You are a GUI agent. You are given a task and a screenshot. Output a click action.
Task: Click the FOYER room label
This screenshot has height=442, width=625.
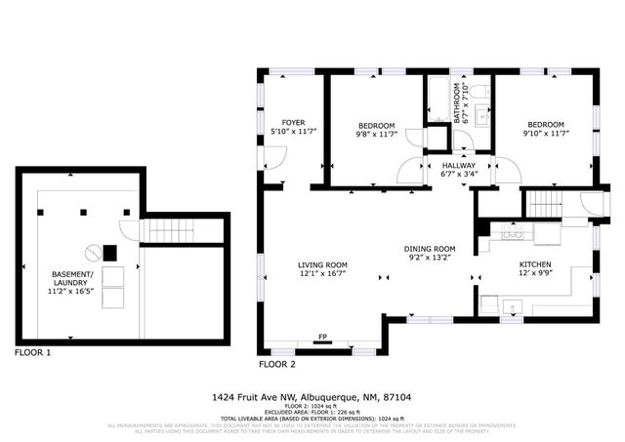coord(294,123)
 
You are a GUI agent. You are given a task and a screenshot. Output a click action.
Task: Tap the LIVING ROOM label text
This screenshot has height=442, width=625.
coord(322,265)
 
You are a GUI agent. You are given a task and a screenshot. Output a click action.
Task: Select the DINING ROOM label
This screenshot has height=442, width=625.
coord(431,249)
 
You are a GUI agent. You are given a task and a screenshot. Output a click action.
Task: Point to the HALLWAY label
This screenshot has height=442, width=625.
coord(458,166)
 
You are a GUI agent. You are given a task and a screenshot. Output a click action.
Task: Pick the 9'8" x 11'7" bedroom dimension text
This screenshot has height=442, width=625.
coord(376,136)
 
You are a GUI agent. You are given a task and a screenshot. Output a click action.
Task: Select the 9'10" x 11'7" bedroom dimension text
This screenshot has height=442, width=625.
coord(546,136)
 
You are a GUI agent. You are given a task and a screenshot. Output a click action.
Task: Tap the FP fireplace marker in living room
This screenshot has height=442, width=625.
coord(322,338)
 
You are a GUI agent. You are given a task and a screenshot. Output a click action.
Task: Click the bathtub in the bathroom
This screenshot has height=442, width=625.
coord(437,99)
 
